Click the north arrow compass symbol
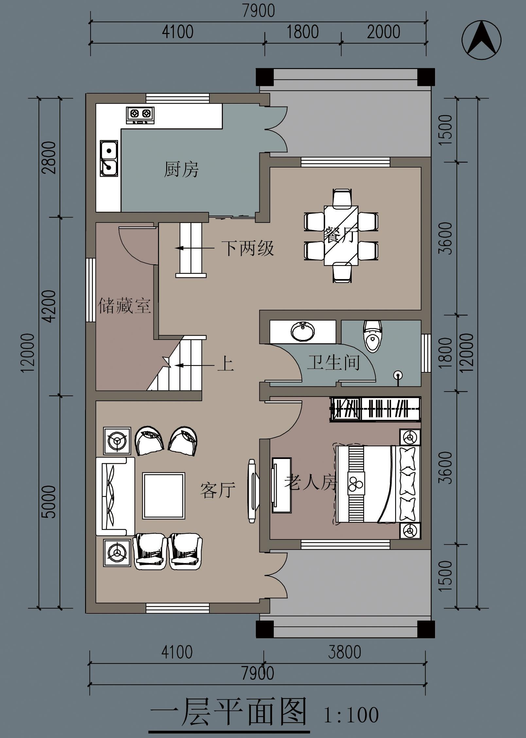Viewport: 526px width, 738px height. (x=481, y=40)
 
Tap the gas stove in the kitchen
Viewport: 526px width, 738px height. (x=140, y=115)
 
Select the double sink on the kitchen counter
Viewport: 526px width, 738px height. (x=109, y=159)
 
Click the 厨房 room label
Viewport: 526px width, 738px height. (x=181, y=169)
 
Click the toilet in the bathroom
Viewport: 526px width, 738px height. (x=373, y=336)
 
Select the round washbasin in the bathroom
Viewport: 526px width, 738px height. (x=303, y=331)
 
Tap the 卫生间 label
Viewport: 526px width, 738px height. (x=333, y=362)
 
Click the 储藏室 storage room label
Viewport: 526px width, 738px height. (x=124, y=305)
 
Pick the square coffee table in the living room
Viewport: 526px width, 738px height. (x=164, y=496)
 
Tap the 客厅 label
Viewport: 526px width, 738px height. (x=218, y=490)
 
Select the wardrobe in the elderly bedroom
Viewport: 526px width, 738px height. (x=375, y=409)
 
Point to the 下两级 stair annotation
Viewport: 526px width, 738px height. (x=248, y=248)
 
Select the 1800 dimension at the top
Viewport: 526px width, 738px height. (x=303, y=32)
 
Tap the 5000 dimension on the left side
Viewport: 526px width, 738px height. (x=49, y=502)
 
